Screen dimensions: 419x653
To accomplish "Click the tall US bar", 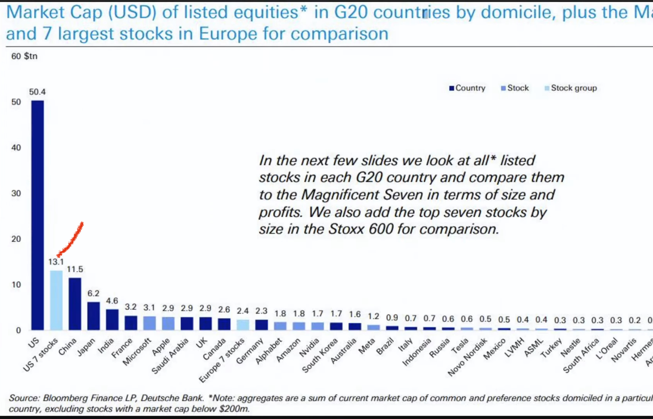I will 38,213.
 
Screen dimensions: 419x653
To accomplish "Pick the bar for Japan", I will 93,315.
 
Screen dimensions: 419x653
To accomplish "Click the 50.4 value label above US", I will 37,92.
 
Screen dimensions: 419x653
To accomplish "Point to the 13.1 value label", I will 56,262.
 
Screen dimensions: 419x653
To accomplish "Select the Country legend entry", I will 467,88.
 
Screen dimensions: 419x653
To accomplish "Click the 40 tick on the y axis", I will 16,148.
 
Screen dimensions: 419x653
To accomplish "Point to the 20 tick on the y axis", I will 16,239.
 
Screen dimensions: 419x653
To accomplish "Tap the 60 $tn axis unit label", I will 24,56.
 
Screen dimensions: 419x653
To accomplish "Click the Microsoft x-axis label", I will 137,352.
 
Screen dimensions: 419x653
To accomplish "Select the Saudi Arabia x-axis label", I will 170,356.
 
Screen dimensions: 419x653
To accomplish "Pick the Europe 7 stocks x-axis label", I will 221,360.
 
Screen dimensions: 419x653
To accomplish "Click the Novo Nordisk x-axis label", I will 467,357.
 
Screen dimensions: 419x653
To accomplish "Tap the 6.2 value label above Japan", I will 93,293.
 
